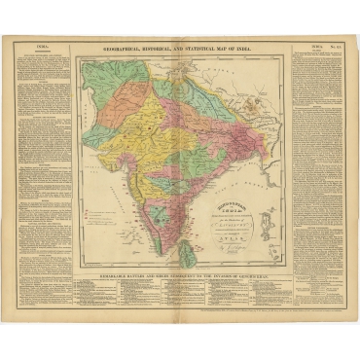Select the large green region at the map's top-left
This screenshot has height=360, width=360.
[107, 83]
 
